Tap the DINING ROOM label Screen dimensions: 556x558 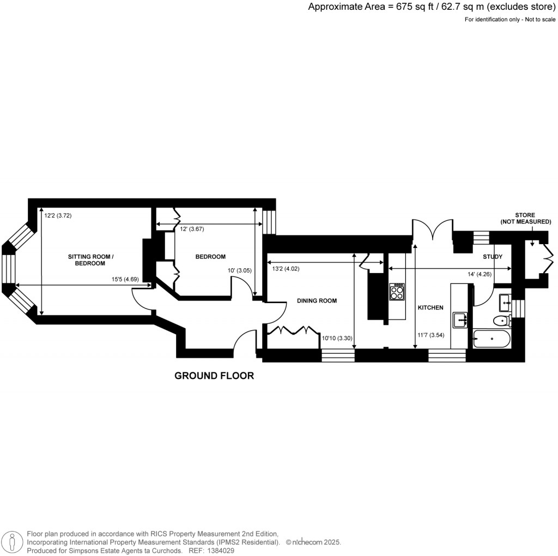coord(317,300)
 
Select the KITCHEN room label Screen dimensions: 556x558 coord(430,308)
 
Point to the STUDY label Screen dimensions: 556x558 coord(492,256)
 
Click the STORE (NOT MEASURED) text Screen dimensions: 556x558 coord(526,218)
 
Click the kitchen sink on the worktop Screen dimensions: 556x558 coord(459,319)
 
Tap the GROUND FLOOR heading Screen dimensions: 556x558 coord(214,376)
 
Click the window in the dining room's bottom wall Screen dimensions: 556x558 coord(338,356)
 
